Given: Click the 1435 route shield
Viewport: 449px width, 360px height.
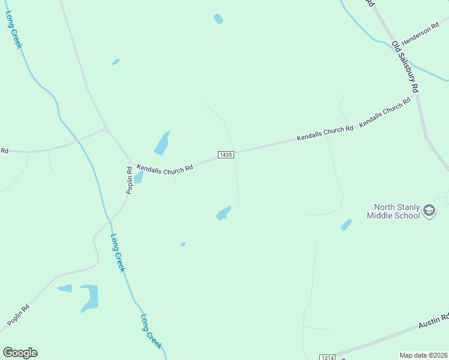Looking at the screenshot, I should coord(226,155).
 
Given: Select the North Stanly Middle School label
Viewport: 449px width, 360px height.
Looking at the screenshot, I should coord(393,211).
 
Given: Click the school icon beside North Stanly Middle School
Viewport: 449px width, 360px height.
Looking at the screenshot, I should coord(429,211).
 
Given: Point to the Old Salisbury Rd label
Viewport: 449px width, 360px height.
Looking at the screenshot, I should coord(405,66).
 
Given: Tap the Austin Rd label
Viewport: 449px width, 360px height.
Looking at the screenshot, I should coord(433,321).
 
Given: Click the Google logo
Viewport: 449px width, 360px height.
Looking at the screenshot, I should coord(20,353).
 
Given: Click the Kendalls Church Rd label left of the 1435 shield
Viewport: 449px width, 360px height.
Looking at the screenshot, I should coord(164,169).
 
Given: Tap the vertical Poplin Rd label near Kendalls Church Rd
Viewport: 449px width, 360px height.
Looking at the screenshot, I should coord(129,180).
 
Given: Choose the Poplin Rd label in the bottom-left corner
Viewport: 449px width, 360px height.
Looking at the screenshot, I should coord(19,316).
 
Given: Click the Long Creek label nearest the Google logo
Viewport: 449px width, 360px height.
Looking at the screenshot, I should coord(151,331).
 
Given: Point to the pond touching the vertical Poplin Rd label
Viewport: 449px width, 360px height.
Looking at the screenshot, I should coord(139,177).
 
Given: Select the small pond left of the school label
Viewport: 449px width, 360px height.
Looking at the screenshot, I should coord(346,225).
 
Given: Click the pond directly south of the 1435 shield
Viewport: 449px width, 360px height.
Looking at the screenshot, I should coord(223,213).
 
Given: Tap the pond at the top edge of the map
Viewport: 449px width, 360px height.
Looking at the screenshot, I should coord(218,19).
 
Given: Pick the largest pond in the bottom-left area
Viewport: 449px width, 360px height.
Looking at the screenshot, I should coord(89,298).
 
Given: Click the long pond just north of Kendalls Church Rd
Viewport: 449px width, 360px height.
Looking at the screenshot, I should coord(162,143).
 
